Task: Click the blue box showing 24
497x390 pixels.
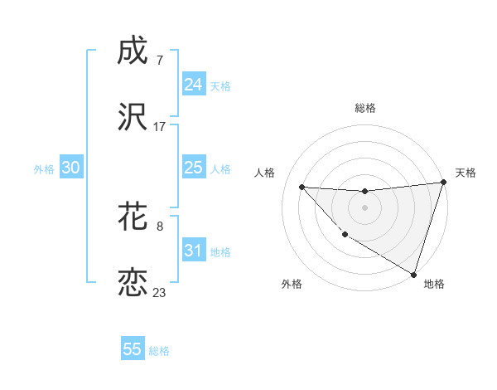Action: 193,85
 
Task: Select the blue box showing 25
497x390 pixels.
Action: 193,168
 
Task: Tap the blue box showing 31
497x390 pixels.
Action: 193,251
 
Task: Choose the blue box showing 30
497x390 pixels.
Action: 70,168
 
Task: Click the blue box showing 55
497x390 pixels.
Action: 133,349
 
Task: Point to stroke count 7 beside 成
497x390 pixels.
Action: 159,60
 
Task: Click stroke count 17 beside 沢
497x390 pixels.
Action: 160,127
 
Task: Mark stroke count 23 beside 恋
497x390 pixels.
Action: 160,292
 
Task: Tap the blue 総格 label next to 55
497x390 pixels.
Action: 159,351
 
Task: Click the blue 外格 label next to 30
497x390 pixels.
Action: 44,169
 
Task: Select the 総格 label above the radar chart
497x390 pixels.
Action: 365,108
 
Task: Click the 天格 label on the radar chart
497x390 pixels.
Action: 466,173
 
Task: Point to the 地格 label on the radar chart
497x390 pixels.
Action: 434,284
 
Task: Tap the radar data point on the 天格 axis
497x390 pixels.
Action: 443,183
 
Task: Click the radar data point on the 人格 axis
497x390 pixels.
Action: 302,187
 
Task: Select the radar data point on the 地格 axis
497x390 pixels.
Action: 414,274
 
